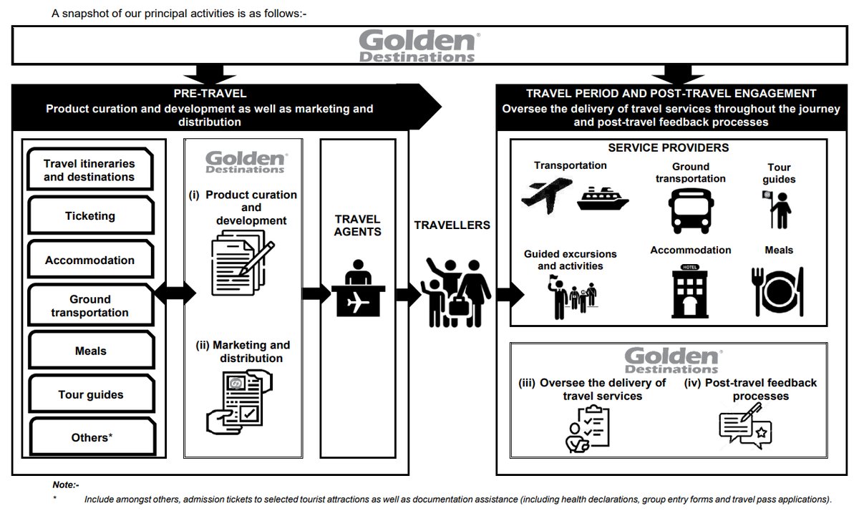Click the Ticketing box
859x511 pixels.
[89, 216]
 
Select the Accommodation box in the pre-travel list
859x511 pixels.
[89, 261]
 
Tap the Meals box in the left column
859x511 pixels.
[89, 351]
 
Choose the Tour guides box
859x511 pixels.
[89, 395]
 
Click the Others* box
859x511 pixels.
[89, 437]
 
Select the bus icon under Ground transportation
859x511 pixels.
[690, 207]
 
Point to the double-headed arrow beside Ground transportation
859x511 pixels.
[174, 292]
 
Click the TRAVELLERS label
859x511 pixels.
[452, 225]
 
